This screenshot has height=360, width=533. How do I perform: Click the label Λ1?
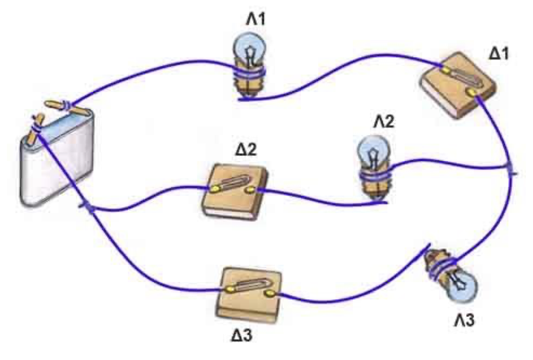coord(257,19)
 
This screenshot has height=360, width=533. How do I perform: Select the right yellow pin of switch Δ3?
coord(271,293)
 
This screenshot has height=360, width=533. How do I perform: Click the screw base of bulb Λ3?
coord(440,266)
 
